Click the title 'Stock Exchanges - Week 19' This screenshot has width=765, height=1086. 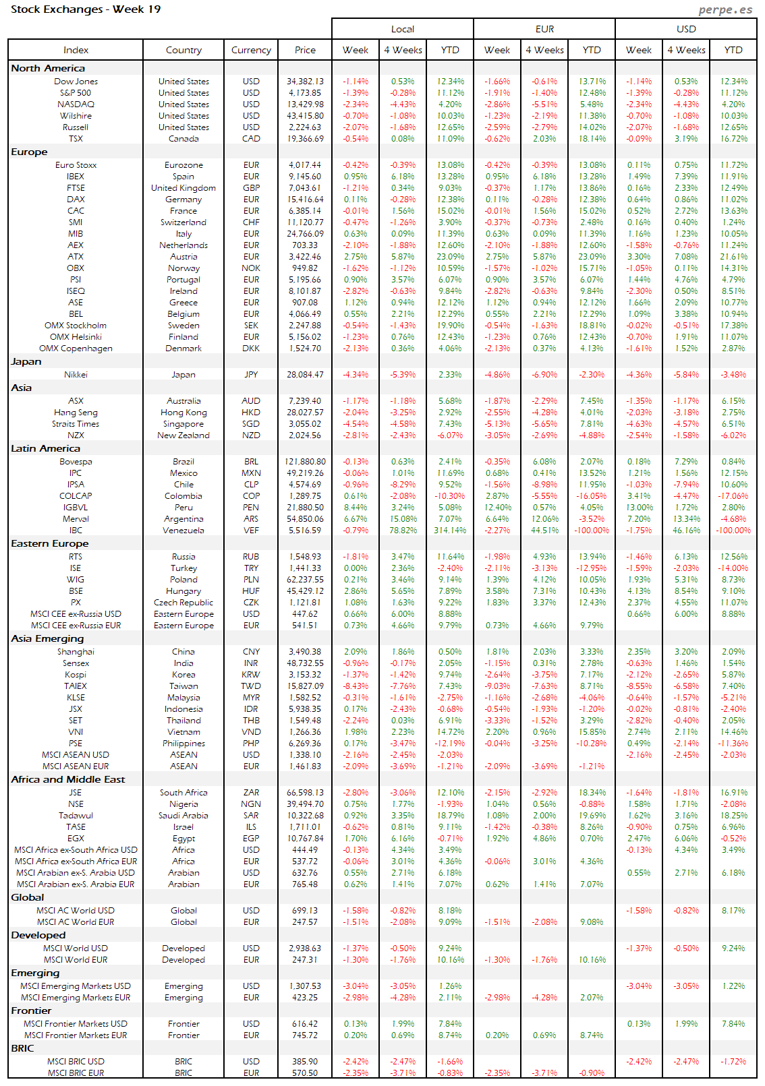click(86, 9)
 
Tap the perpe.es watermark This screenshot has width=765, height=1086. click(725, 9)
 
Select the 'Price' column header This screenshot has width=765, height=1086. click(305, 50)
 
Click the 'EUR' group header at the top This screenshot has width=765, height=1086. click(544, 29)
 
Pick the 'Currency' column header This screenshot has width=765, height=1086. click(251, 50)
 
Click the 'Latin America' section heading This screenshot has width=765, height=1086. click(45, 448)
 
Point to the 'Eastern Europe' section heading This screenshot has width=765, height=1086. click(50, 543)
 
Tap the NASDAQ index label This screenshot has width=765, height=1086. click(76, 104)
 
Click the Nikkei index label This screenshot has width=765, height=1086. click(76, 375)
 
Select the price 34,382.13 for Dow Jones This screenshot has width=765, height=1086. click(305, 82)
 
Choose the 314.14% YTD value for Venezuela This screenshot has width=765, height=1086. click(450, 531)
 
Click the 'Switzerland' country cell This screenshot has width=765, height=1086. click(183, 222)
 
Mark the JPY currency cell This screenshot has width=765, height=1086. click(251, 375)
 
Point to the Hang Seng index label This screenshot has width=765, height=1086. click(76, 413)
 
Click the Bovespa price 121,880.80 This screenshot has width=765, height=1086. click(305, 462)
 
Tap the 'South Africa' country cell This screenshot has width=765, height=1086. click(183, 793)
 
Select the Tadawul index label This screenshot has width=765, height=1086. click(76, 816)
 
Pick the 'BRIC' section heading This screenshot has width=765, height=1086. click(22, 1048)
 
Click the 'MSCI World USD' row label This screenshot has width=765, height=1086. click(76, 948)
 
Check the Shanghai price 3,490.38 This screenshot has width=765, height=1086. click(305, 652)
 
